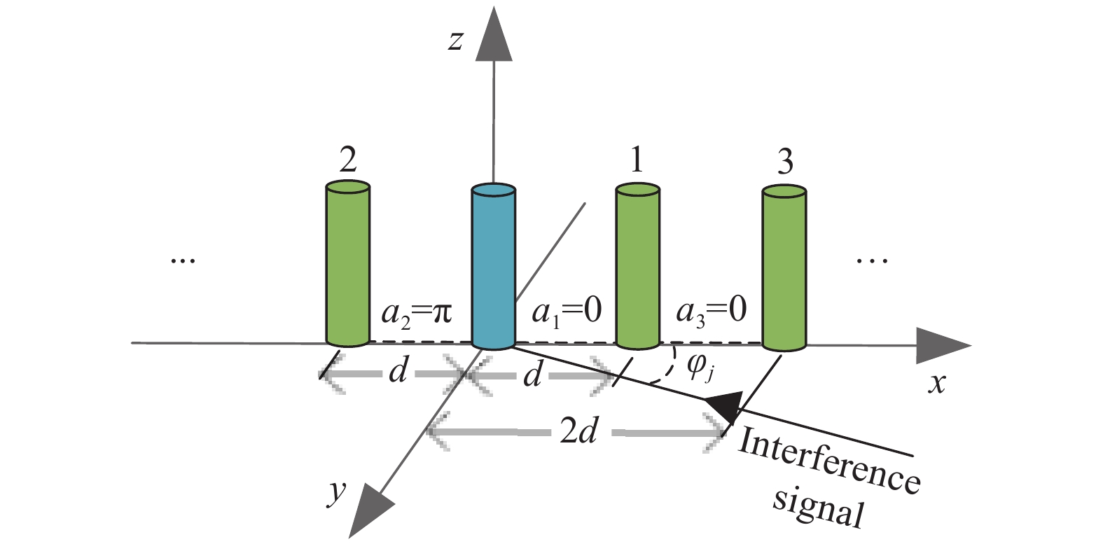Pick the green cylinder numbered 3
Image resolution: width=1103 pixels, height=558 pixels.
784,269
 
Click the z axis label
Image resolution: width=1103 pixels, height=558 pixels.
456,41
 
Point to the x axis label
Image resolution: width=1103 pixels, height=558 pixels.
937,383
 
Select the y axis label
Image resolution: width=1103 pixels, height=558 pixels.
338,491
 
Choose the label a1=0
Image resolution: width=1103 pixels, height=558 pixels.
567,311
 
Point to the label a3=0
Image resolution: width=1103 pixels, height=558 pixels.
711,310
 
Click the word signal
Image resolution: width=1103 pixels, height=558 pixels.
817,505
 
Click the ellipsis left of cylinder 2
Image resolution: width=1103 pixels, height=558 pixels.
183,261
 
